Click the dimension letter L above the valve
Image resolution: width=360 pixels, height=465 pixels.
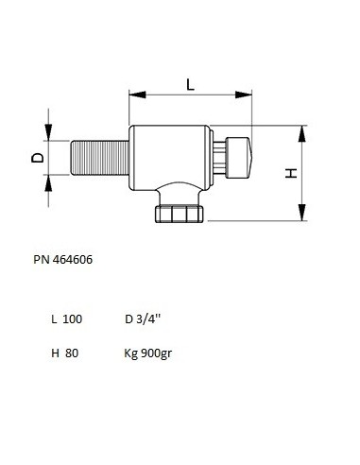[191, 84]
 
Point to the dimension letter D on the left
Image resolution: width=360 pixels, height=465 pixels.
[38, 158]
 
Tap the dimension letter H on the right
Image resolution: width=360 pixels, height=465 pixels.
[291, 173]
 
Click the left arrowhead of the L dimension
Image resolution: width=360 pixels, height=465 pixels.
[138, 95]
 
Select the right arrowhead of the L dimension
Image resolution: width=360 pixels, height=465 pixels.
[244, 95]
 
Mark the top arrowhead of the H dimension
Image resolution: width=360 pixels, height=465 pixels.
[302, 133]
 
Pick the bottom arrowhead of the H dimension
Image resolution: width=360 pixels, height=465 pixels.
[302, 213]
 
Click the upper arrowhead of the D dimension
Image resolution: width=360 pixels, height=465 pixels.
[48, 132]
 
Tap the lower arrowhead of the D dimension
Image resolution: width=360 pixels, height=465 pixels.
[48, 182]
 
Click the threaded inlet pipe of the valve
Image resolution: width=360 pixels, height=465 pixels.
[100, 158]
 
